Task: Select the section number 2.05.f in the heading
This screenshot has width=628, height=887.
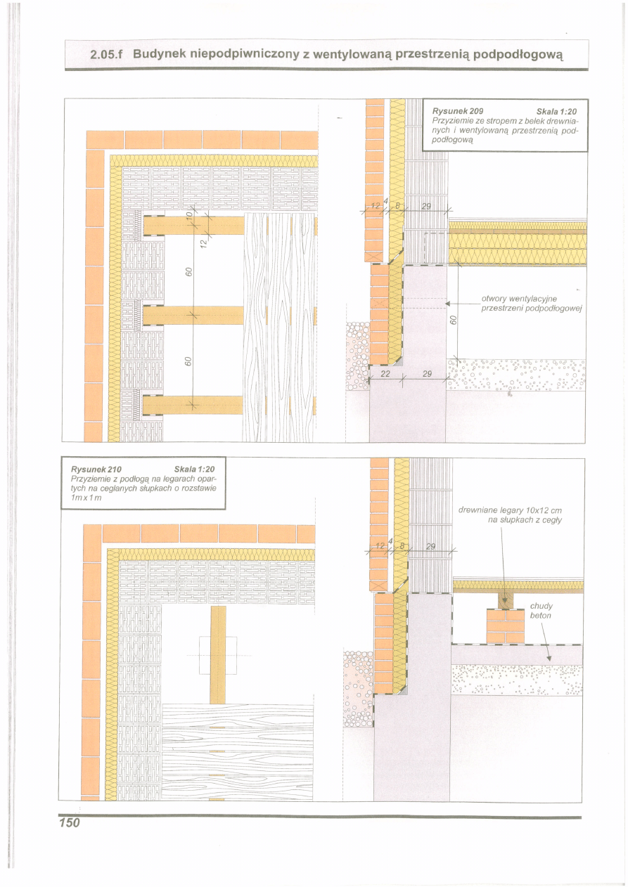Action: point(105,55)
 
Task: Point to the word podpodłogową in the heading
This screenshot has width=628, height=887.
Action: point(518,55)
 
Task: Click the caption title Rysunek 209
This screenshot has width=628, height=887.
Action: point(458,111)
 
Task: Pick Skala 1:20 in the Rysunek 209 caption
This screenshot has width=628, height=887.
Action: point(556,111)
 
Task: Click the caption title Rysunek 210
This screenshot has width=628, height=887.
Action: point(96,470)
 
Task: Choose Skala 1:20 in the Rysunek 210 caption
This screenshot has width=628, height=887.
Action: point(195,470)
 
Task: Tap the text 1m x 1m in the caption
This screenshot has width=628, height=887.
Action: point(86,498)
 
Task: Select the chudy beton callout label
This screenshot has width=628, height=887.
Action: point(542,611)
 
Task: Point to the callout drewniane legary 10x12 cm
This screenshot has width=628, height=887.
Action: point(510,510)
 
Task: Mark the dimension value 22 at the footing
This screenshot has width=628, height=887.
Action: point(385,373)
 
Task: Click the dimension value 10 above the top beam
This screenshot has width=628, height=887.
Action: point(189,215)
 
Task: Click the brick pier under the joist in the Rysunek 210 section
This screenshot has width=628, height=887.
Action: point(505,626)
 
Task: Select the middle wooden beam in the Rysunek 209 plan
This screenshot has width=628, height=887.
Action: point(193,315)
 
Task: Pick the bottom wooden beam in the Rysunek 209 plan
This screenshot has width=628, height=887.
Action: point(193,405)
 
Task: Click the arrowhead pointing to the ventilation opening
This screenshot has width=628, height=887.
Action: point(448,304)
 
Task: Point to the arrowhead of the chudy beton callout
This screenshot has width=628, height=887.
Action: point(549,659)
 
